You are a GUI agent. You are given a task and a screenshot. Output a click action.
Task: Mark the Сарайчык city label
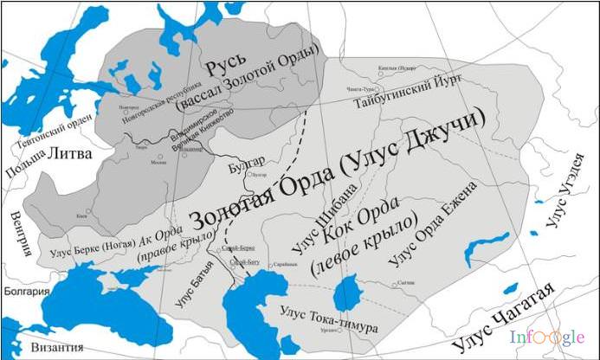287,266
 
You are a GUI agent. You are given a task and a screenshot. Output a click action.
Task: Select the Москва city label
158,162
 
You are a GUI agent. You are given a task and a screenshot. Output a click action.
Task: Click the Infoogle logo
546,337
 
